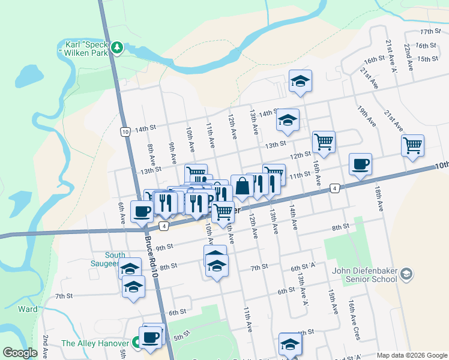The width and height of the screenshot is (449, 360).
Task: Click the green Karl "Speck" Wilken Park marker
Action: click(118, 47)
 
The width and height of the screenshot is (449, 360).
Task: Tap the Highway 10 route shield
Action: click(125, 131)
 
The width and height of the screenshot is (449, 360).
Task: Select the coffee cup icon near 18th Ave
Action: click(360, 164)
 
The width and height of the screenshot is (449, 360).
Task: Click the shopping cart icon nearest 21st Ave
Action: click(412, 145)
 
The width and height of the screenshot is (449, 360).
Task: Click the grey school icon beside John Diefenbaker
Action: click(406, 274)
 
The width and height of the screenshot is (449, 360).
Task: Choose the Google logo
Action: click(20, 353)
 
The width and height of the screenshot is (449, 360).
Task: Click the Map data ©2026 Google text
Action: click(412, 355)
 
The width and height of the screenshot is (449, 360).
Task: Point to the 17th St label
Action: click(430, 31)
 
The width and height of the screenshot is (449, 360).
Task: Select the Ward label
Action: click(28, 310)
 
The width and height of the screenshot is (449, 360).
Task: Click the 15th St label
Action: click(427, 59)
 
